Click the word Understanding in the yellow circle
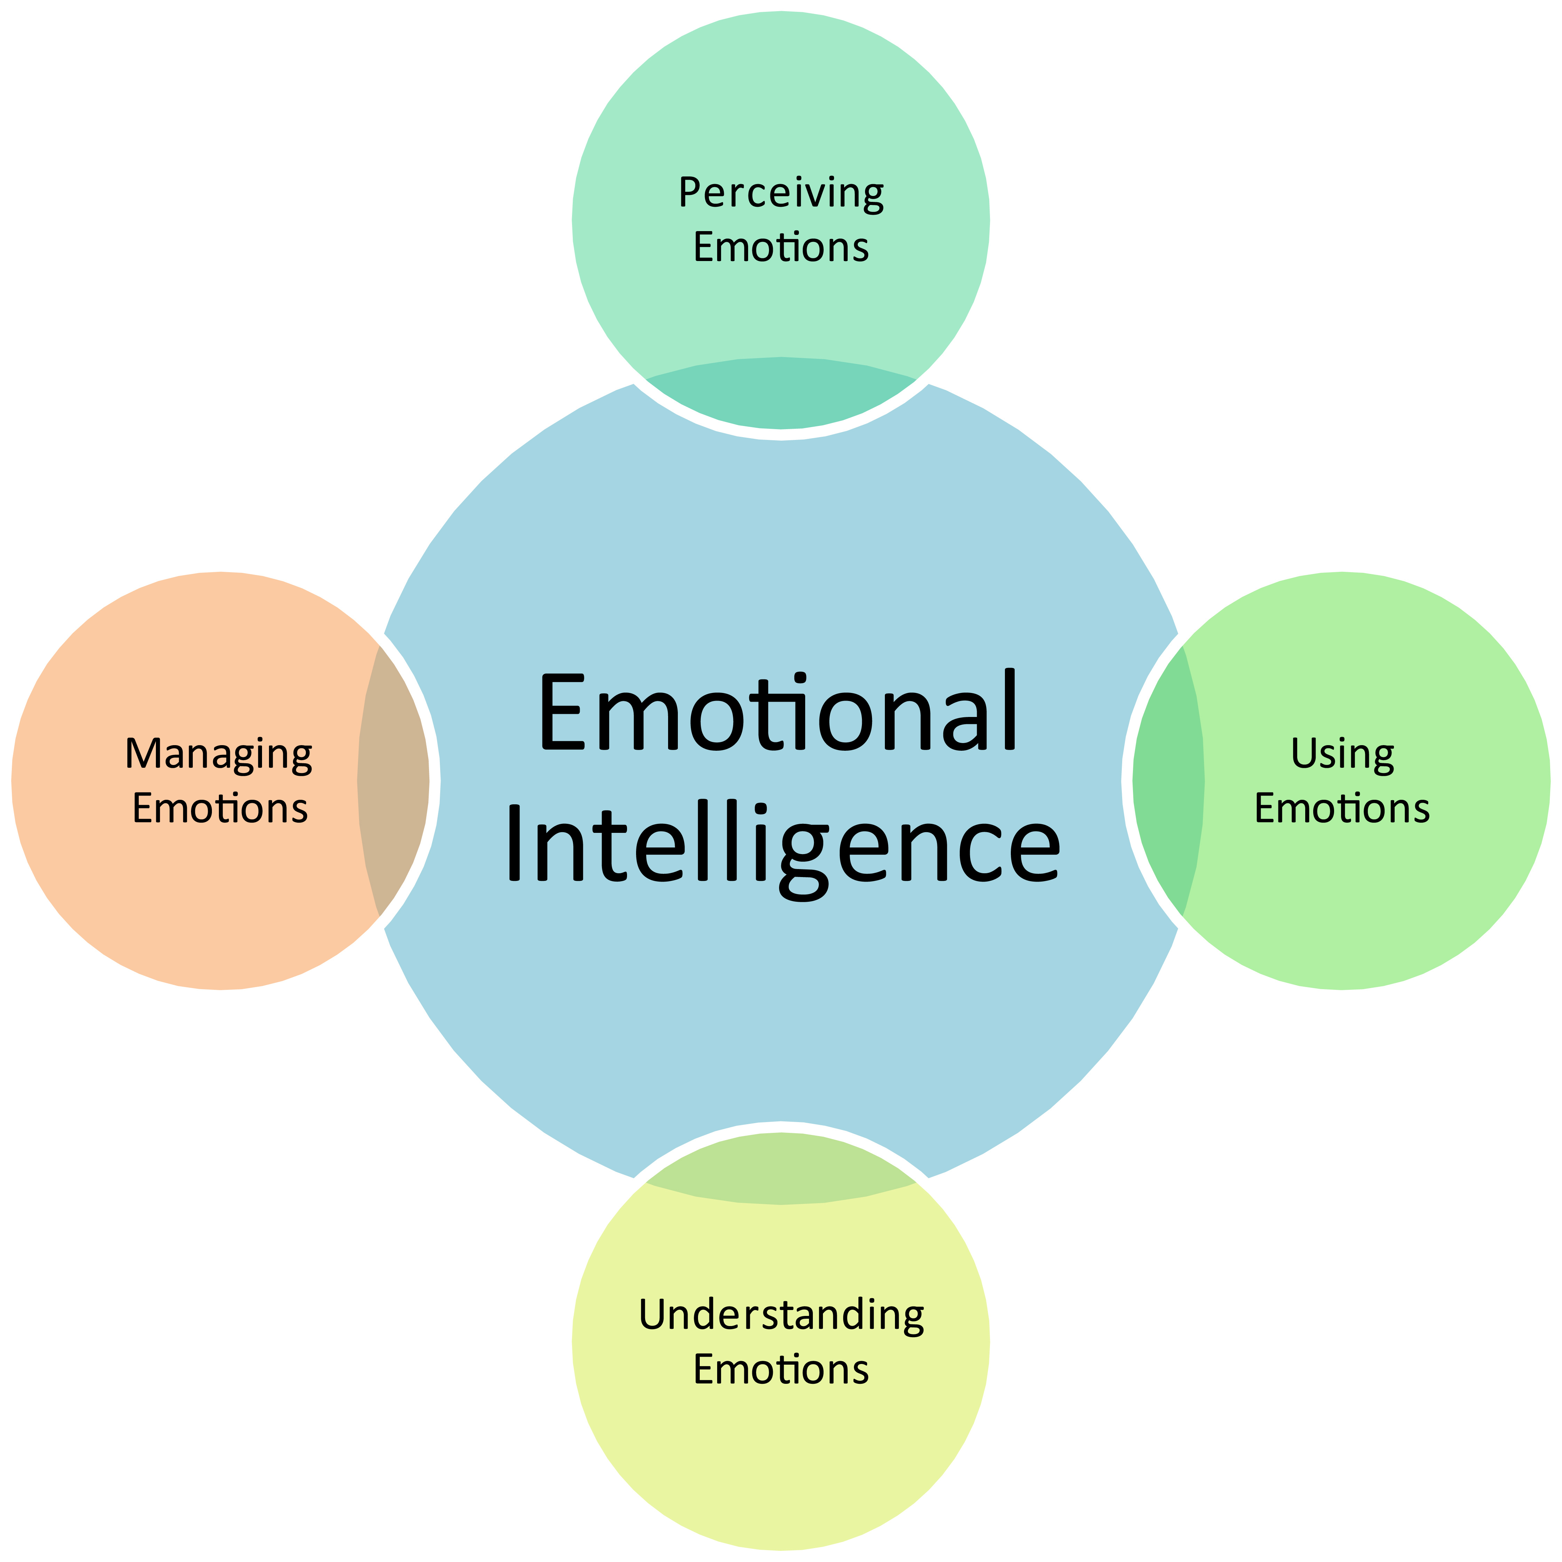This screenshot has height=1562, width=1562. tap(781, 1315)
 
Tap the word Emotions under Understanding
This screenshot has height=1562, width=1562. tap(781, 1369)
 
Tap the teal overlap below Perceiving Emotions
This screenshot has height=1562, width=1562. tap(781, 394)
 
